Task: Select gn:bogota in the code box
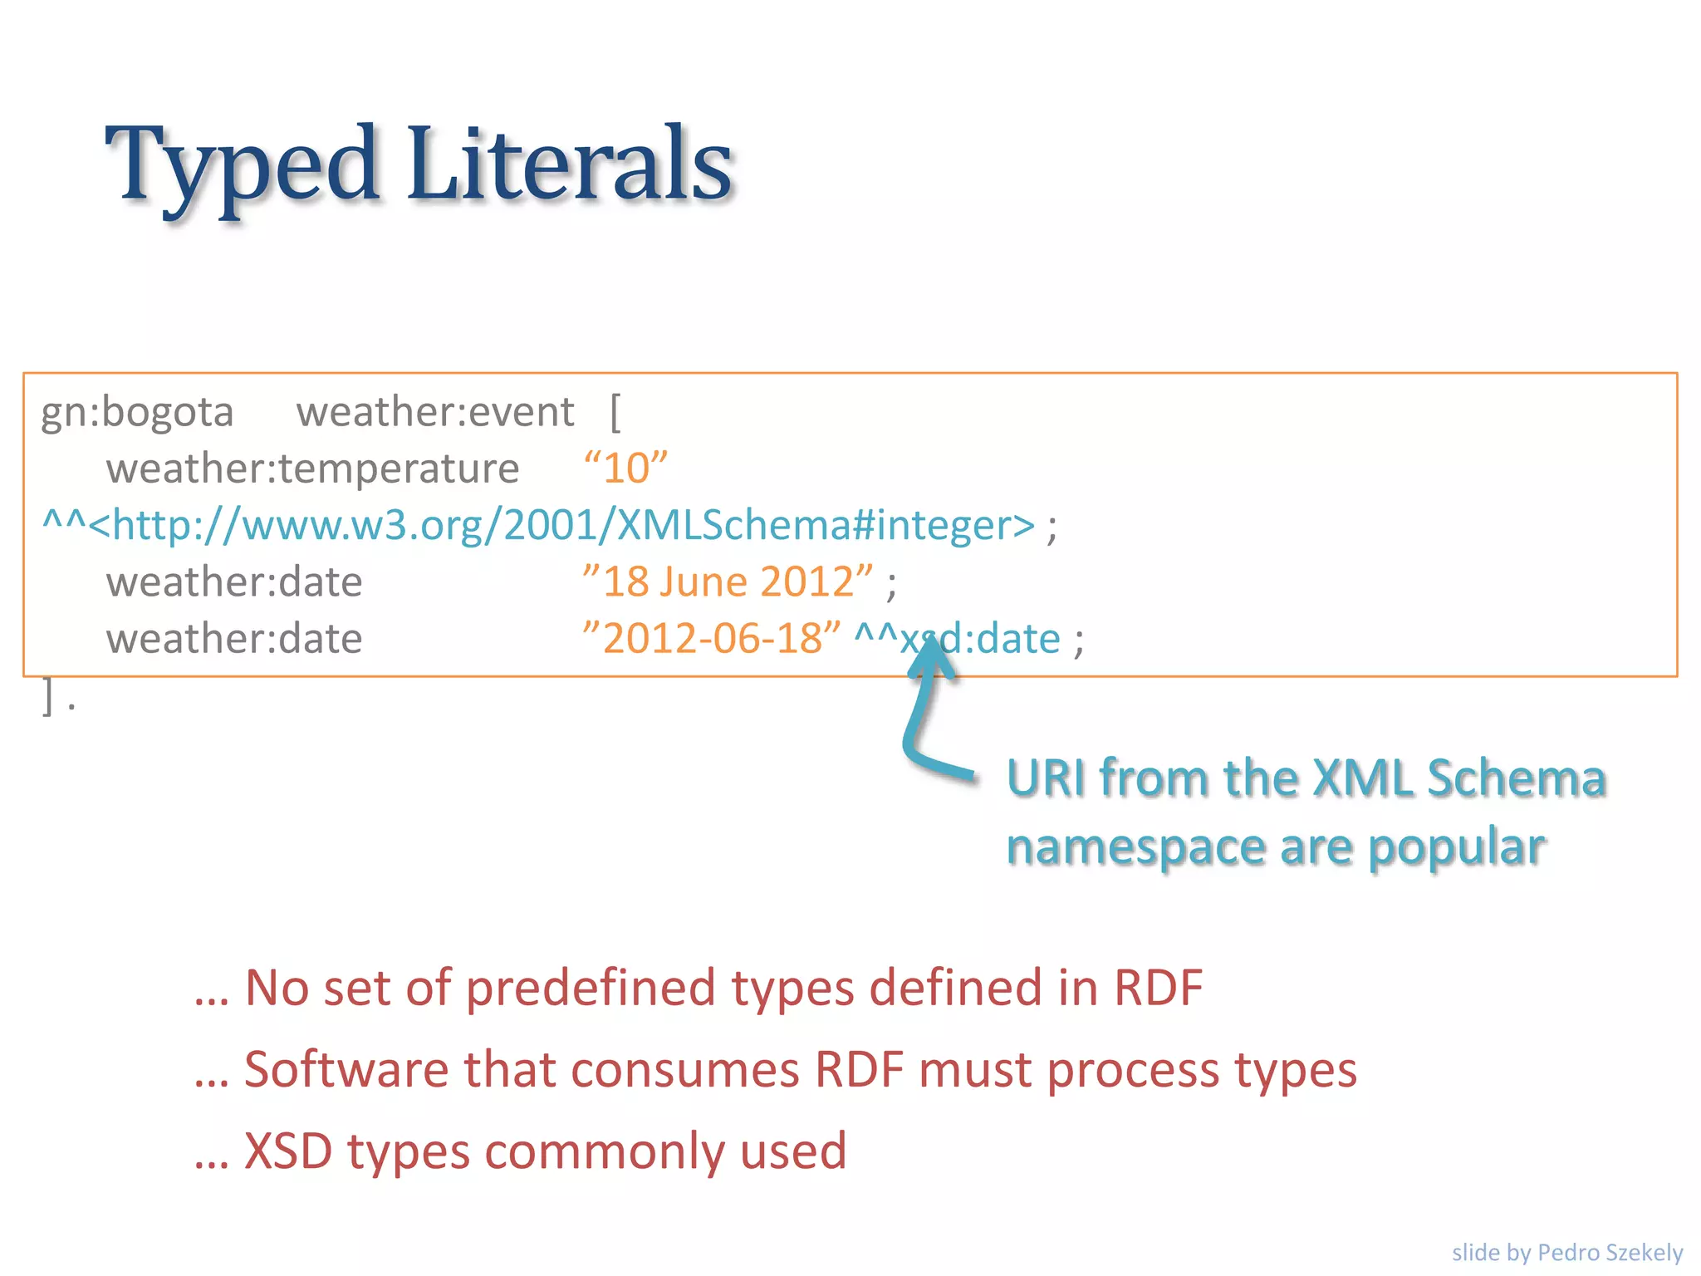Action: (137, 412)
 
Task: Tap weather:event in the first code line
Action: (435, 412)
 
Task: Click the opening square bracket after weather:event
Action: (615, 412)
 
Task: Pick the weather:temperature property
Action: (312, 469)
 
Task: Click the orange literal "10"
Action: (625, 469)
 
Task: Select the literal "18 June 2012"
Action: (728, 582)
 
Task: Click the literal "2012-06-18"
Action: (711, 638)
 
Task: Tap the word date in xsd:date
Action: (1018, 638)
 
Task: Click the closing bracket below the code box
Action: (48, 696)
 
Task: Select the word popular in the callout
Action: (1457, 847)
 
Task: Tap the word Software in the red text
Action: (346, 1069)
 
